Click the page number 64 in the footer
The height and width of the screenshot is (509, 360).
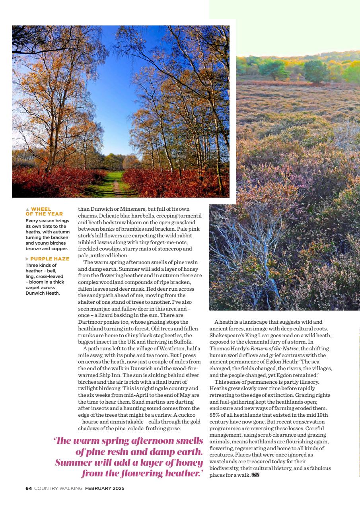point(29,488)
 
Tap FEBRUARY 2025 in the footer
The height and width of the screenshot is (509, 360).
point(105,488)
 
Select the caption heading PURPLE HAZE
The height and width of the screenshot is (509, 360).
point(50,259)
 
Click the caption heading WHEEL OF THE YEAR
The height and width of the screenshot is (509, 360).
point(46,211)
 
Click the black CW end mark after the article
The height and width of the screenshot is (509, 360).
point(255,475)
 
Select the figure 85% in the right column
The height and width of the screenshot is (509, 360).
point(216,415)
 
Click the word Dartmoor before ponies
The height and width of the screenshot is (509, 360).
point(92,322)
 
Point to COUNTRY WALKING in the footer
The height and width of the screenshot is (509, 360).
point(58,488)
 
